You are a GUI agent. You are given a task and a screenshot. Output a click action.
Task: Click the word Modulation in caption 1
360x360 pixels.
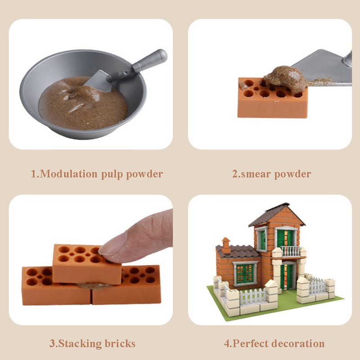[69, 174]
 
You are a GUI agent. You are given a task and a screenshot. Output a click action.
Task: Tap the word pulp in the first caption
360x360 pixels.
[112, 175]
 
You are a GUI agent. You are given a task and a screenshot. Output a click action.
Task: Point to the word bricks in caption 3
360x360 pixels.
[120, 343]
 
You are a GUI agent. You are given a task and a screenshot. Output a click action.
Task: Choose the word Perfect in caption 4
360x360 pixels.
[250, 344]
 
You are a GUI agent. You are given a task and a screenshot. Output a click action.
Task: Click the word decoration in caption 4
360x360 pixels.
[298, 344]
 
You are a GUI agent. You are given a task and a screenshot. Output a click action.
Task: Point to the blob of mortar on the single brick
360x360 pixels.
[286, 77]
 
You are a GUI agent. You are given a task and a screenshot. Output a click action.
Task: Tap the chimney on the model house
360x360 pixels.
[226, 245]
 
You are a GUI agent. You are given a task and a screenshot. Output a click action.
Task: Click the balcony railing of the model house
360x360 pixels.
[290, 251]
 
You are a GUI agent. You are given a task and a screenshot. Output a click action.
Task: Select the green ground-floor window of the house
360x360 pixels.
[245, 273]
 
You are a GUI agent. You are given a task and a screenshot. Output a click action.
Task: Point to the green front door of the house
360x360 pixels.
[286, 277]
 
